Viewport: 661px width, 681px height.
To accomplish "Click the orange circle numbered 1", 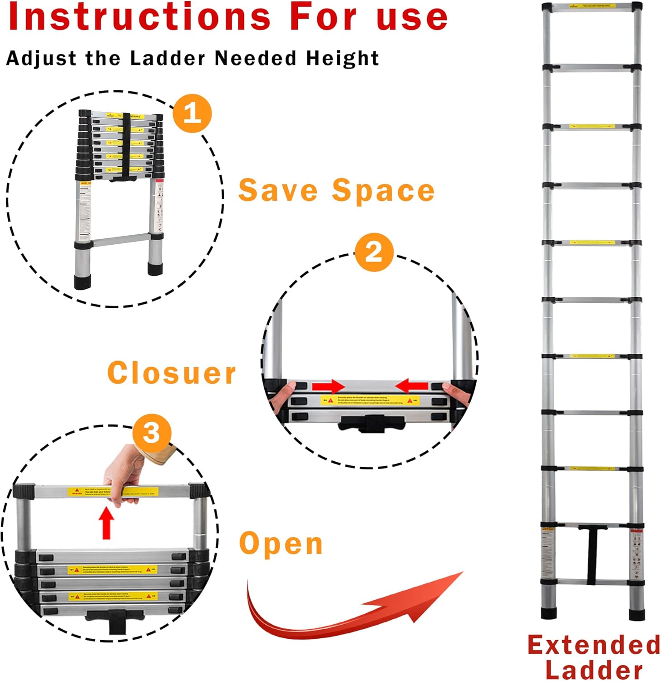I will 192,113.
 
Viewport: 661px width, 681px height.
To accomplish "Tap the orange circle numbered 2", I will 374,252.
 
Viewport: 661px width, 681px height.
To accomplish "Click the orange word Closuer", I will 172,373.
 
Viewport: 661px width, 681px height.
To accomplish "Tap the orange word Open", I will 281,543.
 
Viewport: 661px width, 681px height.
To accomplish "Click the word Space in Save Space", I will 383,190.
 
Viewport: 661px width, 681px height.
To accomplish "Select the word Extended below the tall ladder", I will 594,645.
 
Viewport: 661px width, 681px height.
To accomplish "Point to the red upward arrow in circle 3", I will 107,523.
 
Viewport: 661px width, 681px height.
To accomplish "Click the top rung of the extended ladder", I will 592,7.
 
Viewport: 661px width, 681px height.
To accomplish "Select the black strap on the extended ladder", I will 592,556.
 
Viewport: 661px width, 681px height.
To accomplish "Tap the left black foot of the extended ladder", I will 548,613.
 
